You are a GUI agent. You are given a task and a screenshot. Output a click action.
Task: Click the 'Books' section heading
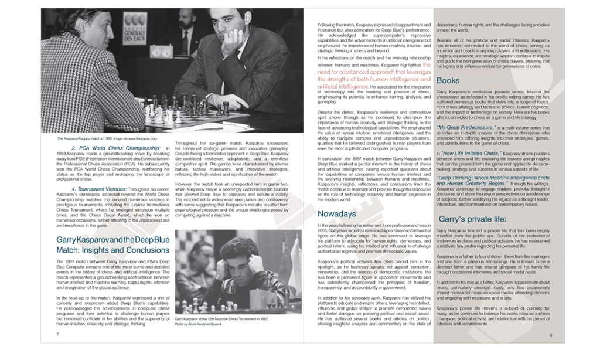448,80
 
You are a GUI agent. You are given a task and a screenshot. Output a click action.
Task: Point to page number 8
551,334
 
